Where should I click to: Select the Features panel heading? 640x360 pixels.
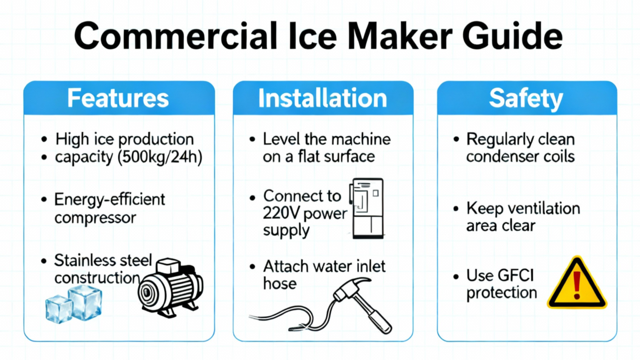pos(118,98)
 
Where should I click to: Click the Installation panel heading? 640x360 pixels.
pos(322,98)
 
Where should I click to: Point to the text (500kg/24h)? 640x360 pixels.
pos(159,157)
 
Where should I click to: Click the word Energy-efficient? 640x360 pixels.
pos(109,199)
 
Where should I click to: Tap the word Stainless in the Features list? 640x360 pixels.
pos(84,260)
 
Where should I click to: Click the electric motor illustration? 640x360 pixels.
pos(171,287)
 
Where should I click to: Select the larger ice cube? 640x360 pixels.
pos(85,302)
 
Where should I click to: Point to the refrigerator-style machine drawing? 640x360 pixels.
pos(366,208)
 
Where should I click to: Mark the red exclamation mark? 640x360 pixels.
pos(577,285)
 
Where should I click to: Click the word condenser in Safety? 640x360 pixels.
pos(497,157)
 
